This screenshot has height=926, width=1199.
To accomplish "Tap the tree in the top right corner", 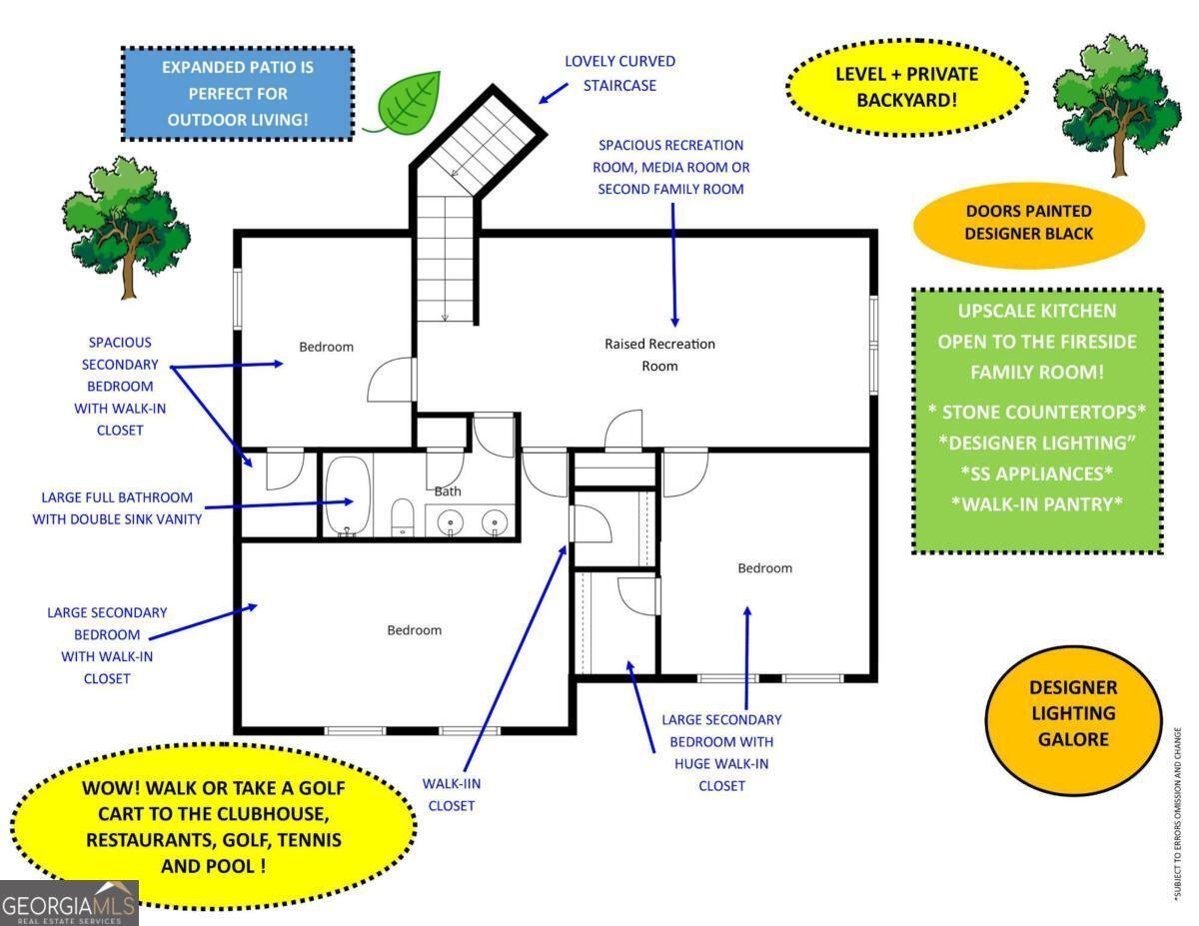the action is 1117,105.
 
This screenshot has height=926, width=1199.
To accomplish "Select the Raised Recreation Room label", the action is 659,355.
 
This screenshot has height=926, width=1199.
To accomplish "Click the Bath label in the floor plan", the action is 448,490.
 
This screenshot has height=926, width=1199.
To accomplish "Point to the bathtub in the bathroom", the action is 347,495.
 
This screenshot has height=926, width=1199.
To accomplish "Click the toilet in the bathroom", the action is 403,516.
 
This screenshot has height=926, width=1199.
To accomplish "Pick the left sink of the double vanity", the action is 452,521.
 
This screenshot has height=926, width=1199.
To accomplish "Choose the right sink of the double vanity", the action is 495,521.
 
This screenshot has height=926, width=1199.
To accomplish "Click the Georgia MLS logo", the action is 69,903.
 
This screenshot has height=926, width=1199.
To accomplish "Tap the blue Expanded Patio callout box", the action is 237,94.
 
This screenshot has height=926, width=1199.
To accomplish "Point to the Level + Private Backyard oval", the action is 906,87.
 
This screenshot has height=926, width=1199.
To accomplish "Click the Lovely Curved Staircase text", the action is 619,73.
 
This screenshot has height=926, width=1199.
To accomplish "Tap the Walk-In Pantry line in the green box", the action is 1037,504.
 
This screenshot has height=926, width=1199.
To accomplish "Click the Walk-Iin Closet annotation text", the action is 452,795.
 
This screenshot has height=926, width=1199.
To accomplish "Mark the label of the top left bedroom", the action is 326,347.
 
